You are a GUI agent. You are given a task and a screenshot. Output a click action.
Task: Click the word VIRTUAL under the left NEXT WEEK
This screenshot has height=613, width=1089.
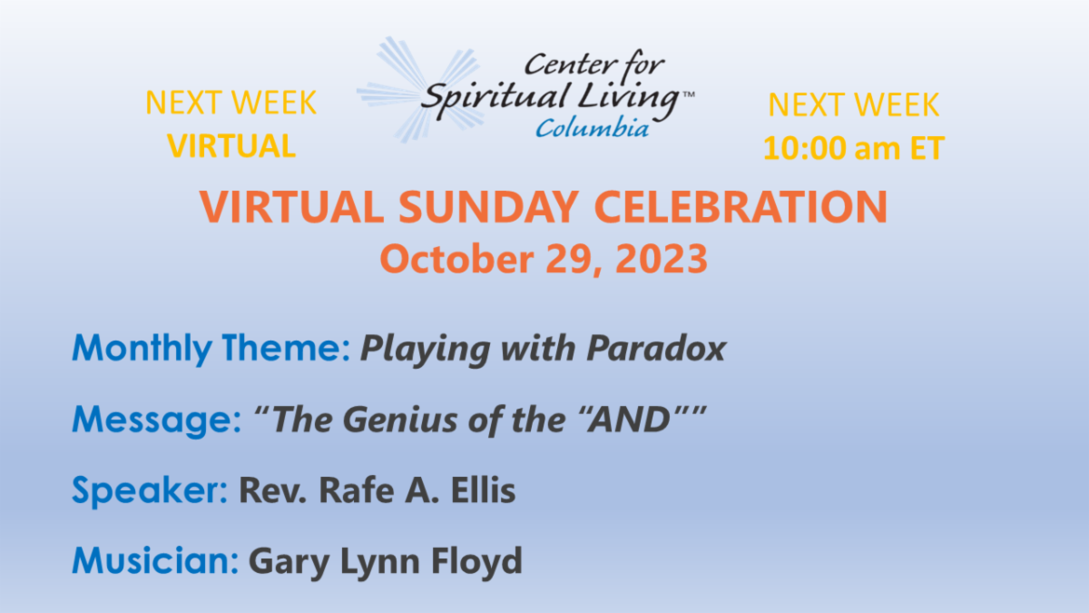231,146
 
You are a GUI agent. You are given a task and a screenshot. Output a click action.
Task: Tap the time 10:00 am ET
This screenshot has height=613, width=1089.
853,148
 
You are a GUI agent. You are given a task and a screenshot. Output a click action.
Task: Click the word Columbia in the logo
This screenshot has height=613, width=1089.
592,128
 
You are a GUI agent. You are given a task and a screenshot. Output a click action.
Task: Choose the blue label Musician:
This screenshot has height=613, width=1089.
155,562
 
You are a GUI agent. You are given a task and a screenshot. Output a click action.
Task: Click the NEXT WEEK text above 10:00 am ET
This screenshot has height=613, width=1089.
853,105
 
